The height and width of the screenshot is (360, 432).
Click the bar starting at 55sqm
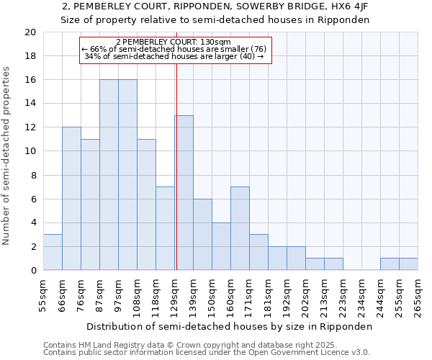(x=53, y=252)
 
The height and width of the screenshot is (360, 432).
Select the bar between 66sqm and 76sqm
(x=71, y=199)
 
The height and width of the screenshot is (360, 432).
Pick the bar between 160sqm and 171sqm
(x=240, y=228)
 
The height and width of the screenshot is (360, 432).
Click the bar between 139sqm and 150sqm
(x=202, y=235)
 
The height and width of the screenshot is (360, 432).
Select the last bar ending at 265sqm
(x=408, y=264)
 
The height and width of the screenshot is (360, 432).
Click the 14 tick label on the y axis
(x=30, y=104)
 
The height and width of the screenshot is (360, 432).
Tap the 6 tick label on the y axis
(x=33, y=199)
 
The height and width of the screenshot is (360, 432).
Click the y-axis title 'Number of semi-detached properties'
(x=6, y=156)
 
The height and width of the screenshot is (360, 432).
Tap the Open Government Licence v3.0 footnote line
(x=207, y=353)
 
